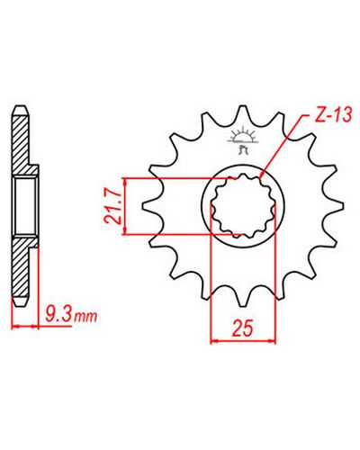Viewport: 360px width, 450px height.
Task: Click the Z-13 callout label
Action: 333,115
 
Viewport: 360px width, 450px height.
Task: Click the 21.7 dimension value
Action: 113,207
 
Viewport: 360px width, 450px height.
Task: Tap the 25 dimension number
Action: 243,328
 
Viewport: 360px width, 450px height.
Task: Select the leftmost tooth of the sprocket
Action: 149,206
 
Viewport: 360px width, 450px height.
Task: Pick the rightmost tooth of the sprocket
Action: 336,206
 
